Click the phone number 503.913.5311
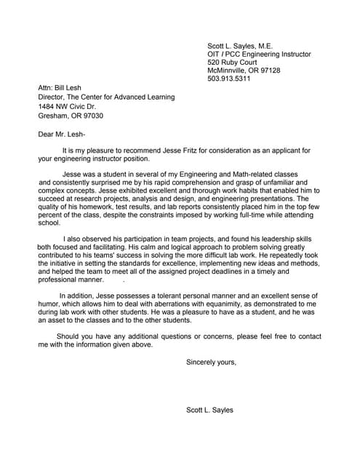[x=228, y=79]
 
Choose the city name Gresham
[x=54, y=115]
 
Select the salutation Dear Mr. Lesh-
[x=62, y=134]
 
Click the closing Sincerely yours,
[x=211, y=362]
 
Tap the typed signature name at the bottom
[x=209, y=411]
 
